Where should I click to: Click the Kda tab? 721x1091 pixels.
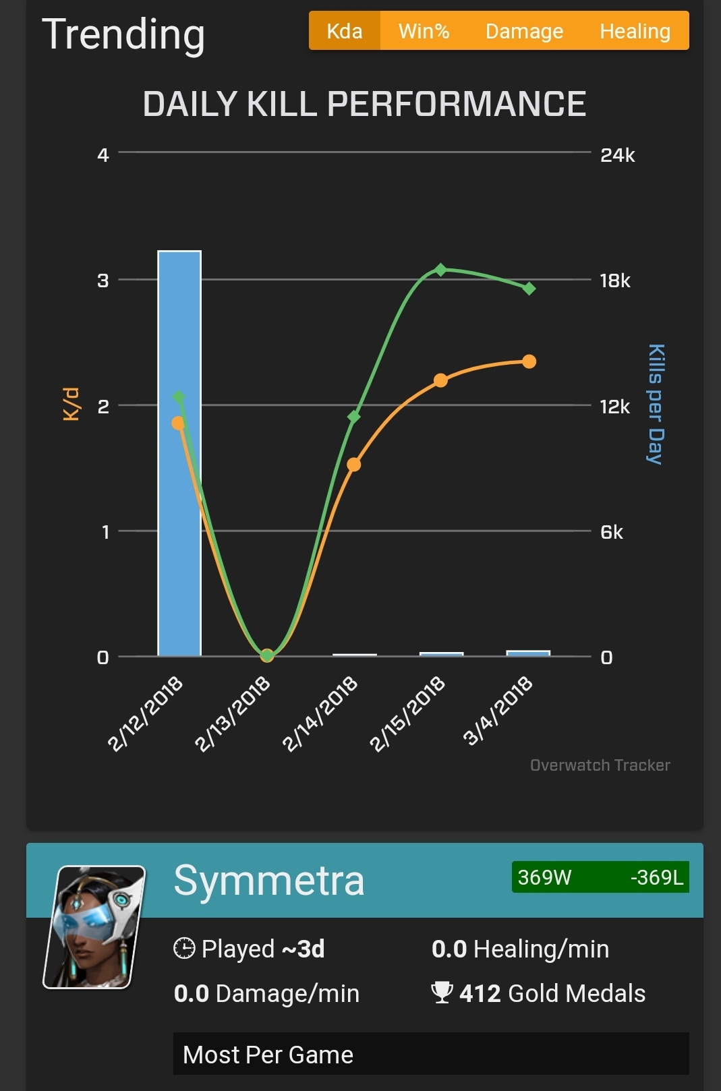pyautogui.click(x=345, y=31)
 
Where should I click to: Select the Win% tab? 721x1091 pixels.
pyautogui.click(x=424, y=31)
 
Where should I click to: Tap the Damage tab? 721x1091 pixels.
pyautogui.click(x=524, y=31)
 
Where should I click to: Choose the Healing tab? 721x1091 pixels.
pyautogui.click(x=635, y=31)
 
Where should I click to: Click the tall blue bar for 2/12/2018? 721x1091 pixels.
pyautogui.click(x=179, y=453)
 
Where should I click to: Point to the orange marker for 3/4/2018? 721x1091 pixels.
pyautogui.click(x=529, y=361)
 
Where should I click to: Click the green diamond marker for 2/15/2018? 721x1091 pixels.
pyautogui.click(x=441, y=269)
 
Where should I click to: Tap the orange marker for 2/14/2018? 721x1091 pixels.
pyautogui.click(x=354, y=464)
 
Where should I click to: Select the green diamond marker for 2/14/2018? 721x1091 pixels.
pyautogui.click(x=354, y=417)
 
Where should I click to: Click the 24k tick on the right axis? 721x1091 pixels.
pyautogui.click(x=617, y=155)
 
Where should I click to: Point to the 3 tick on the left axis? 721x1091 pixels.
pyautogui.click(x=103, y=281)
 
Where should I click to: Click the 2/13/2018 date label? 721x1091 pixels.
pyautogui.click(x=233, y=713)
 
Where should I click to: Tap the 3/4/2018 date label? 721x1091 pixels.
pyautogui.click(x=497, y=711)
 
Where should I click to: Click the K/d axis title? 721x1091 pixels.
pyautogui.click(x=71, y=404)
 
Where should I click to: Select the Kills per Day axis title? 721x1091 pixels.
pyautogui.click(x=656, y=404)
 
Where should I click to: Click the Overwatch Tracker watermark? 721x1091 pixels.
pyautogui.click(x=600, y=765)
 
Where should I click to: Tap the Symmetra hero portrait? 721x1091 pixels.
pyautogui.click(x=94, y=927)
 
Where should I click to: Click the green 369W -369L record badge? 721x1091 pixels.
pyautogui.click(x=600, y=877)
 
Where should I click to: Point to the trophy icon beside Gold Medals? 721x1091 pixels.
pyautogui.click(x=442, y=993)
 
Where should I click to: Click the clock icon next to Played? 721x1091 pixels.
pyautogui.click(x=184, y=948)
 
